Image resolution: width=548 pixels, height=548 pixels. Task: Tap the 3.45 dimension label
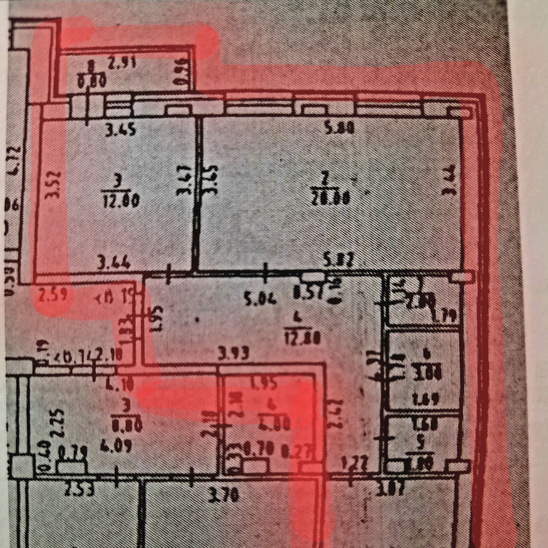click(x=121, y=130)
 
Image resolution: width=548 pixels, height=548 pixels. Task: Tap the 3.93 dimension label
click(x=232, y=354)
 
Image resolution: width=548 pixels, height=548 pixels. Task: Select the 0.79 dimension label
click(x=73, y=453)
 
